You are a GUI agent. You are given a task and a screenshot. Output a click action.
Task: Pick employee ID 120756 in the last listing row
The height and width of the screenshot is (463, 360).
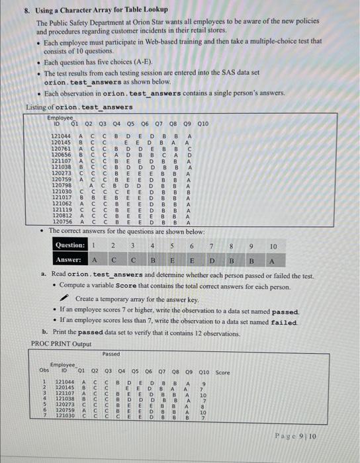62,222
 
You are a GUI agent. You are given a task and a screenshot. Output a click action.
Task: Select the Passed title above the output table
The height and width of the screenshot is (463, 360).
111,353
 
